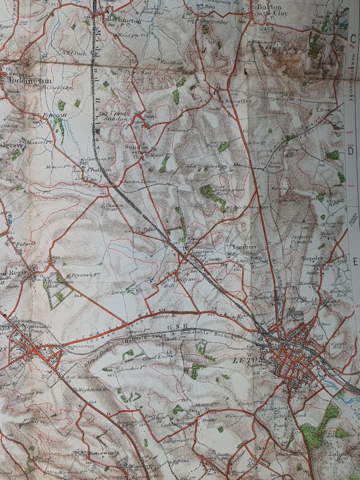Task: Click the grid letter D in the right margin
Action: (x=351, y=151)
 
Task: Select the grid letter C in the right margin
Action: (x=352, y=39)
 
